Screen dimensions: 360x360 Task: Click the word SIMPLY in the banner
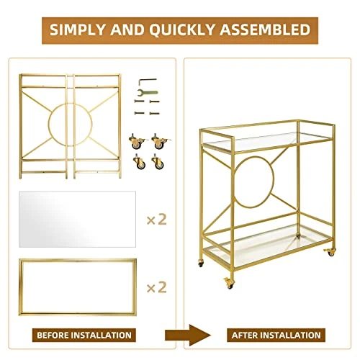point(78,30)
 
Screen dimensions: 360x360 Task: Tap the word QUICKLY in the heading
point(182,30)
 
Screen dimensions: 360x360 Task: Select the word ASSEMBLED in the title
point(265,30)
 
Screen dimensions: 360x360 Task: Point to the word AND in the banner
point(127,30)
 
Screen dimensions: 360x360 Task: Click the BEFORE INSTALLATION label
point(84,335)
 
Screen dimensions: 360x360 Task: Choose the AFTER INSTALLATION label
point(276,335)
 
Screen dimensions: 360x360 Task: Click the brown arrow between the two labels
point(188,335)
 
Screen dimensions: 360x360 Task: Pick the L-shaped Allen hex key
point(147,81)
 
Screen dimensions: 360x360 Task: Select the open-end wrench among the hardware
point(148,92)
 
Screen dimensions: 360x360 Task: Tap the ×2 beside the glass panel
point(157,219)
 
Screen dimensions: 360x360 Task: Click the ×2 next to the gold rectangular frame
point(157,287)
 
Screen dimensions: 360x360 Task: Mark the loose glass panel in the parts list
point(77,219)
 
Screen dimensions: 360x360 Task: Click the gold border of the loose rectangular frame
point(78,260)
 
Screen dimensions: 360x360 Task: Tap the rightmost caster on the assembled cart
point(330,252)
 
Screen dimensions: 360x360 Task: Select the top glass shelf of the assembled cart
point(266,141)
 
